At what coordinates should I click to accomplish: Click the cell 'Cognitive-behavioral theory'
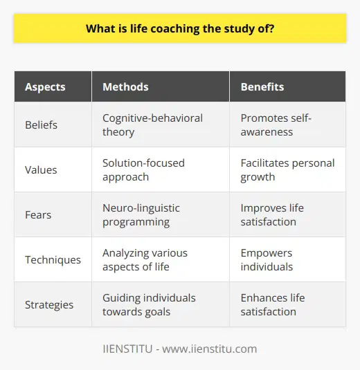[152, 124]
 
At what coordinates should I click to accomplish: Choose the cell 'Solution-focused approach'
[144, 169]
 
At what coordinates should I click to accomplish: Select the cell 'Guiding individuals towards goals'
[149, 305]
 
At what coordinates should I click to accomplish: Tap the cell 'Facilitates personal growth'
[287, 169]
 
